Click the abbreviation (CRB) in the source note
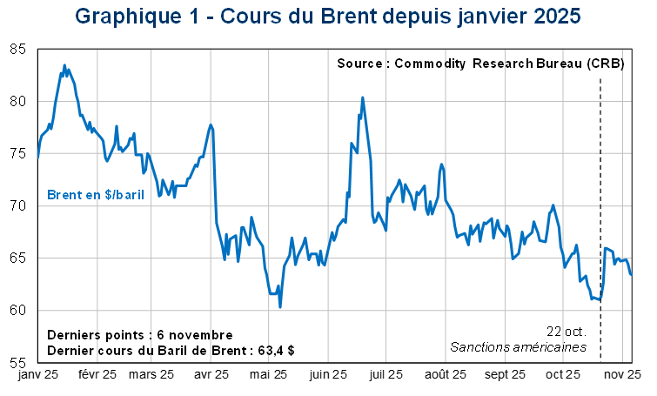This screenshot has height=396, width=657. click(x=605, y=65)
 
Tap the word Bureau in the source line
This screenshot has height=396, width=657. click(x=553, y=65)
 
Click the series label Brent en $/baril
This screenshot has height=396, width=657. click(x=95, y=194)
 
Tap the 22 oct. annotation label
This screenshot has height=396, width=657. click(x=566, y=332)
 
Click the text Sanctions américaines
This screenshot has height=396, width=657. click(x=518, y=347)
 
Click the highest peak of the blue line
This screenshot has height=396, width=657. click(x=65, y=64)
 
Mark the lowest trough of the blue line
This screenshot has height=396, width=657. click(x=280, y=306)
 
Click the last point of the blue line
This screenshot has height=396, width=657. click(x=632, y=274)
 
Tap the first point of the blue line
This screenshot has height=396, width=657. click(x=38, y=158)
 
